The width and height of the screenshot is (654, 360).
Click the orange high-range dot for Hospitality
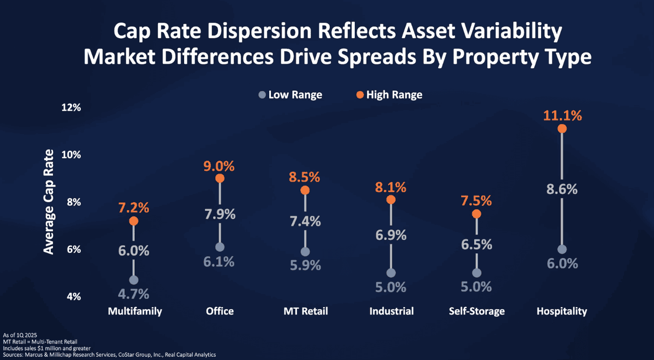tap(562, 129)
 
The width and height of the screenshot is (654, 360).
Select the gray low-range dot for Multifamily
tap(134, 280)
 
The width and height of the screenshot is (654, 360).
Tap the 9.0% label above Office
tap(219, 164)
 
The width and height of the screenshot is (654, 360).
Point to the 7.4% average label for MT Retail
tap(305, 221)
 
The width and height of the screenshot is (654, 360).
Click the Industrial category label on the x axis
tap(391, 312)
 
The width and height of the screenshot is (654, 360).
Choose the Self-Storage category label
tap(477, 312)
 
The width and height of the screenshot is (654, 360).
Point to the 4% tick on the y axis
tap(72, 297)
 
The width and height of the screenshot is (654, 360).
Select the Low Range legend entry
tap(290, 95)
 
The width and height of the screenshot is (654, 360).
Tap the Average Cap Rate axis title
tap(49, 202)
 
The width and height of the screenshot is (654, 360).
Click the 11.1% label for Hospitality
tap(562, 115)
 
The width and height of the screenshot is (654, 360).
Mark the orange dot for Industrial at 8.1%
tap(391, 200)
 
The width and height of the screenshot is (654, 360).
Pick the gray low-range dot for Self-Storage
tap(476, 273)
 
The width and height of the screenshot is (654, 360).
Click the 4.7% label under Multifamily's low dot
tap(134, 294)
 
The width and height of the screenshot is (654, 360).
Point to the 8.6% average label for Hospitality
tap(562, 190)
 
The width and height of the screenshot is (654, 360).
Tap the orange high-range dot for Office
tap(219, 178)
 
